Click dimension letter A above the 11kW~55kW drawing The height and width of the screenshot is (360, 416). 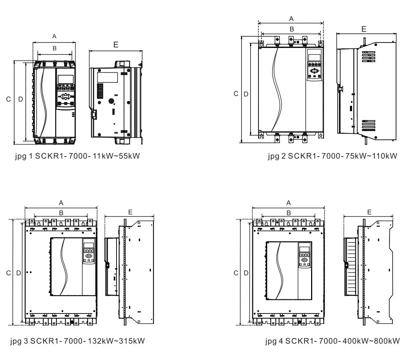(54, 36)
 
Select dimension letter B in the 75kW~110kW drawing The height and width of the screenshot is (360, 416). (291, 29)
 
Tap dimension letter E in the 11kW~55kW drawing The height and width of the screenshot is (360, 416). (116, 45)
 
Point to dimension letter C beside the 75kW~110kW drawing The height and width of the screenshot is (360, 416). (236, 94)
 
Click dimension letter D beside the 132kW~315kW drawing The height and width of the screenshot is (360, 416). (19, 273)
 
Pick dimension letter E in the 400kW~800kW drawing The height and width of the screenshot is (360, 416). (369, 212)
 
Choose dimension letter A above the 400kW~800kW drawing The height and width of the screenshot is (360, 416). (288, 203)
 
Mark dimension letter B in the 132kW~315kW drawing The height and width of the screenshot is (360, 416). (61, 213)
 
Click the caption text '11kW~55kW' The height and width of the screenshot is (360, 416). (116, 156)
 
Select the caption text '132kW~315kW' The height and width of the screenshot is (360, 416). (116, 341)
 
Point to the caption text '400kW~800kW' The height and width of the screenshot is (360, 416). (371, 341)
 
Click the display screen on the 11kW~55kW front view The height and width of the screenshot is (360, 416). (66, 79)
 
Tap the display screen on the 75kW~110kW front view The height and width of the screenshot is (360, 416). (314, 58)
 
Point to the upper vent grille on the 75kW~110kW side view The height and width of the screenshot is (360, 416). (369, 57)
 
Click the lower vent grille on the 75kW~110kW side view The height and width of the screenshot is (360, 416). (369, 125)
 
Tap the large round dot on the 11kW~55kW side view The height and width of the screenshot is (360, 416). (111, 101)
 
